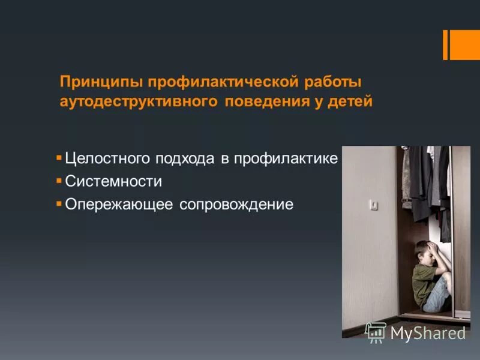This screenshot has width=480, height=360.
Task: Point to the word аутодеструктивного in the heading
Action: click(x=138, y=101)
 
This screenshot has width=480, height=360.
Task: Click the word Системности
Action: click(x=113, y=181)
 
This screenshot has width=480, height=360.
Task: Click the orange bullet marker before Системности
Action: click(x=59, y=180)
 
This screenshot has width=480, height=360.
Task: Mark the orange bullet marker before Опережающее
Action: click(x=59, y=203)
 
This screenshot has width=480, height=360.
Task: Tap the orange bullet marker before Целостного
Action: click(x=59, y=158)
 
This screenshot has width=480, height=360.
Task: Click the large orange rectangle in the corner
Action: click(x=465, y=44)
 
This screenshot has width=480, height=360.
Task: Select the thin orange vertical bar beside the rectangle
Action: click(x=446, y=44)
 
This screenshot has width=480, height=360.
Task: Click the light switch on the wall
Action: click(x=374, y=205)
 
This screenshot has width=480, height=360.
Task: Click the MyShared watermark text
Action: click(x=428, y=333)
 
